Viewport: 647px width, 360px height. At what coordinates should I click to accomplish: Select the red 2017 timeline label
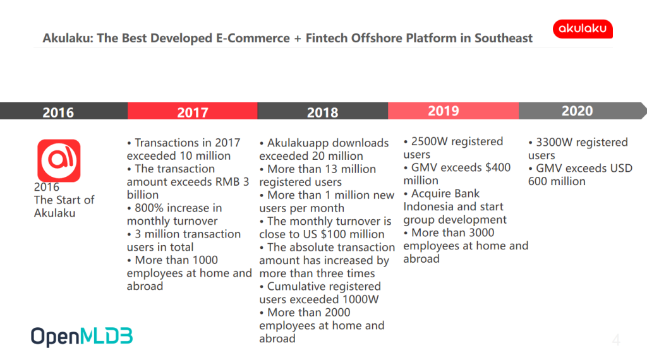pos(193,112)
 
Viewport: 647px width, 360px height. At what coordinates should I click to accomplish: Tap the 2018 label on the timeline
pos(323,112)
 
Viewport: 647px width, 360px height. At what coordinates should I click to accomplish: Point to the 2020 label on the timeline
pos(577,111)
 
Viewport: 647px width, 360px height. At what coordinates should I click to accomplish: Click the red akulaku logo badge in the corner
pos(583,29)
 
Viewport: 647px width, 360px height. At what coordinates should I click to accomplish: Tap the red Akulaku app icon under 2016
pos(59,160)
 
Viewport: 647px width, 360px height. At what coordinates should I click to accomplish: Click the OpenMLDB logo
pos(82,337)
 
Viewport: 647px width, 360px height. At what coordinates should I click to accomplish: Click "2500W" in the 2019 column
pos(430,141)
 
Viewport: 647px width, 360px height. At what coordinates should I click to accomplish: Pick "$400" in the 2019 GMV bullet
pos(498,167)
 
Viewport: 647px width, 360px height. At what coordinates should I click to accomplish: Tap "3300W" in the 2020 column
pos(554,142)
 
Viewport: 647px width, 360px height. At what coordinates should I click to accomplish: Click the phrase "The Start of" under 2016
pos(64,200)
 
